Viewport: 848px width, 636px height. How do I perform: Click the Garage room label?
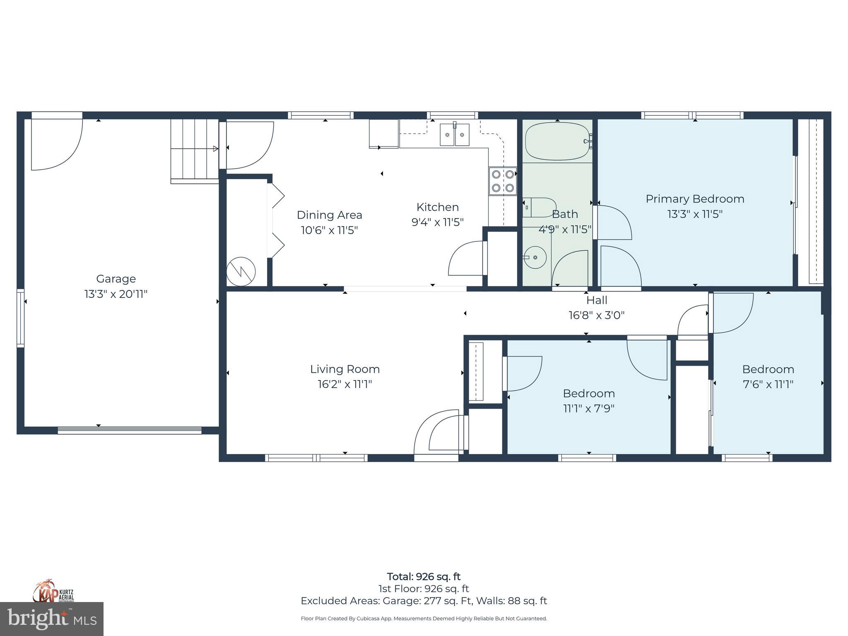pos(116,279)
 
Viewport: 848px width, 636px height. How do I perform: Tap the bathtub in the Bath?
pos(557,141)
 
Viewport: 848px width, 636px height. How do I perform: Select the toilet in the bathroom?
pos(539,207)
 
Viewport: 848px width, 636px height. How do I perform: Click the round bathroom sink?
pos(535,257)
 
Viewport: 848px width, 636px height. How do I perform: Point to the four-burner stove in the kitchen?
pos(503,181)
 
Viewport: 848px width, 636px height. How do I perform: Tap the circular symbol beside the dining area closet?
pos(241,272)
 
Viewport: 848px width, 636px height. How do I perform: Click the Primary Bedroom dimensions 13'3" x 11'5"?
pos(695,214)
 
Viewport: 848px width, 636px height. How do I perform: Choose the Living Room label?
pos(345,369)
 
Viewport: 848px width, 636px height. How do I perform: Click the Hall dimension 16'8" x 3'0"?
pos(596,316)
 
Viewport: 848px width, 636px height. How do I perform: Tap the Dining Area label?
pos(329,215)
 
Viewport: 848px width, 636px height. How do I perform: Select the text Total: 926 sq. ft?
pos(424,576)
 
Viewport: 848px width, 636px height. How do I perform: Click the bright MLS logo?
pos(52,619)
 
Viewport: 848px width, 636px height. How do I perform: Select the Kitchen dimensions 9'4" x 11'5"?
pos(437,222)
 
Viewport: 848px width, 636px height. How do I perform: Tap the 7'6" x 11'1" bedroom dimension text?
pos(768,384)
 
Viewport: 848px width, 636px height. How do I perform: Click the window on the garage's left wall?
pos(20,318)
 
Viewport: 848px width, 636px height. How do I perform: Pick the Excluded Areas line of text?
pos(424,601)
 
